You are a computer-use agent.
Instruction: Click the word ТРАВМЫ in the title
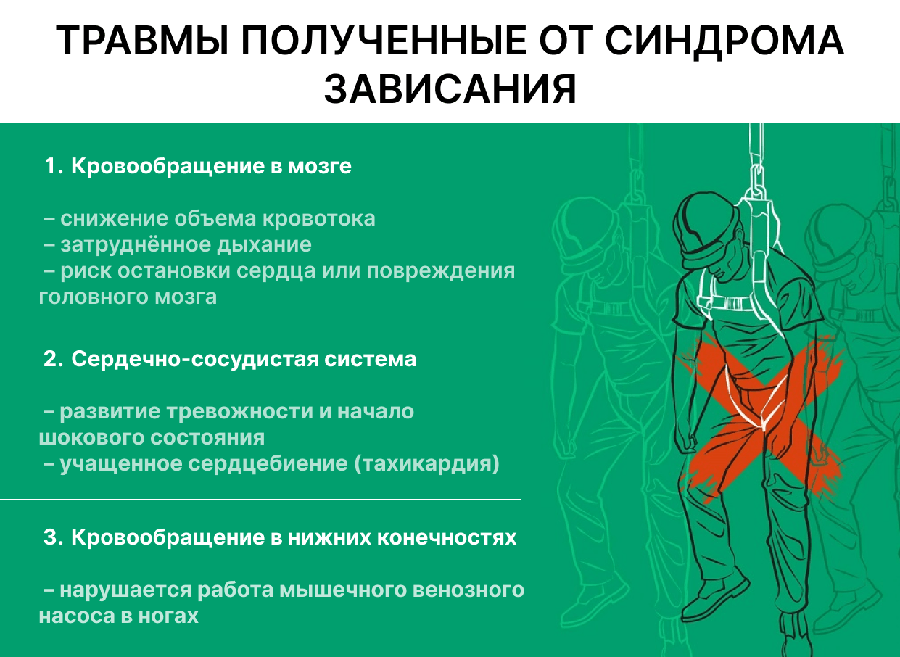[x=143, y=41]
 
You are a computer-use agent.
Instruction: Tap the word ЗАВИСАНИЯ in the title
[x=450, y=89]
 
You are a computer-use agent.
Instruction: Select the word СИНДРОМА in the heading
[x=724, y=41]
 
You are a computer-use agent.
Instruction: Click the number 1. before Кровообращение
[x=54, y=165]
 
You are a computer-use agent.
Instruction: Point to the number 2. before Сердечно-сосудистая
[x=54, y=358]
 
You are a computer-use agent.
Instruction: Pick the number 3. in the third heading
[x=54, y=537]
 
